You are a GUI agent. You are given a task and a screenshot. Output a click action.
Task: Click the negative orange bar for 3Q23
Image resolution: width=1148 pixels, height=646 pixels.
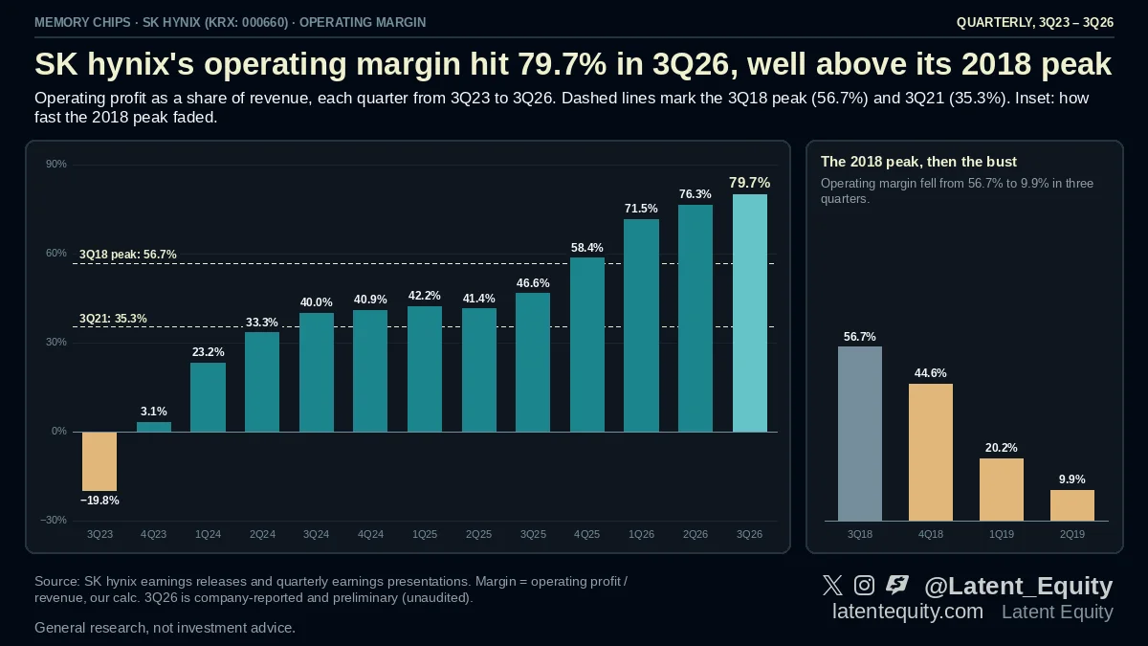click(99, 461)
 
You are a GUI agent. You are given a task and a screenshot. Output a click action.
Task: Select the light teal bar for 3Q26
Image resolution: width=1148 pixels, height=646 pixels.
click(750, 313)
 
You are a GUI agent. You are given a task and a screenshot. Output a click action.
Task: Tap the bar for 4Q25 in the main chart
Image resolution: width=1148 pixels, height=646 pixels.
click(587, 345)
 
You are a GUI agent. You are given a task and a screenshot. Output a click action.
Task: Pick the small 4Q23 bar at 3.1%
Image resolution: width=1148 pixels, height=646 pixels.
click(154, 427)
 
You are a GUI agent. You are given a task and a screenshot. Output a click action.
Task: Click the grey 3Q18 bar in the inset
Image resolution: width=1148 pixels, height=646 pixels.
click(860, 434)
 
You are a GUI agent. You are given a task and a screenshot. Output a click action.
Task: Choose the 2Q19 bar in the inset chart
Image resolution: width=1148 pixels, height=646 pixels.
click(1072, 505)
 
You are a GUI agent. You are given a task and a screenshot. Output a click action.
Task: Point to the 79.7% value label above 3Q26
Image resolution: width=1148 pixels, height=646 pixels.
click(749, 183)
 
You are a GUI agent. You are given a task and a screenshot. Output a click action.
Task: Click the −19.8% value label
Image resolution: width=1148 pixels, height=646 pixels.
click(99, 501)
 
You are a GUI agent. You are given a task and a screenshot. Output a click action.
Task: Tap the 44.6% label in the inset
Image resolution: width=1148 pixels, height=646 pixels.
click(930, 373)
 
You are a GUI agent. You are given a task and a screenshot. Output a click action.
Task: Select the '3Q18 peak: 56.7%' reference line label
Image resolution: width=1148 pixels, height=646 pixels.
click(127, 255)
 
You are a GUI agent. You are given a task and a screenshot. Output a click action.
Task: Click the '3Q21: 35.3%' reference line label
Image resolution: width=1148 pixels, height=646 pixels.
click(113, 319)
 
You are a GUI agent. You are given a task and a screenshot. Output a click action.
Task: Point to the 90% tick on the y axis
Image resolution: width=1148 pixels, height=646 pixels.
click(56, 164)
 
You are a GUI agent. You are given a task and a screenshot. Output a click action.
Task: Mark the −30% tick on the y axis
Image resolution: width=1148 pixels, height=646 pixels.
click(54, 520)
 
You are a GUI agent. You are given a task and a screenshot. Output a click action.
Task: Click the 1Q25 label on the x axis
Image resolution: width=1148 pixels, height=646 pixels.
click(425, 534)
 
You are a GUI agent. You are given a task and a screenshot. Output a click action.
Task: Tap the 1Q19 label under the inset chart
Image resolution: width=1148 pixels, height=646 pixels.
click(1001, 534)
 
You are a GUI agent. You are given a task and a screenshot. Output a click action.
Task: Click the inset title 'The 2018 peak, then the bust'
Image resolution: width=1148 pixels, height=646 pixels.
click(918, 162)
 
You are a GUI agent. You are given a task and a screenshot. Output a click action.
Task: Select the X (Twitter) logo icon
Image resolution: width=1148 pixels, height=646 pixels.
click(832, 585)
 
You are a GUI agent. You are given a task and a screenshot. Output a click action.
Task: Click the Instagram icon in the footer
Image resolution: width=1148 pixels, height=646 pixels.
click(864, 585)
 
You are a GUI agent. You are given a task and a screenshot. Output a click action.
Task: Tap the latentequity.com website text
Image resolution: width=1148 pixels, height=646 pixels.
click(908, 612)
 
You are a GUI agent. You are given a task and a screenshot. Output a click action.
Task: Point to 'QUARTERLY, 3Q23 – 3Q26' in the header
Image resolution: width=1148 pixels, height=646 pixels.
click(1035, 23)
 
